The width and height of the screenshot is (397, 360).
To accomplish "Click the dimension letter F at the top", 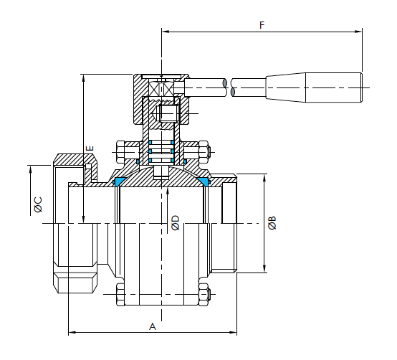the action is click(262, 25).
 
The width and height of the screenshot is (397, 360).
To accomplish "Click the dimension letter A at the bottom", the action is click(153, 326).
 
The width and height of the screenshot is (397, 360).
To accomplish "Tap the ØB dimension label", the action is click(272, 223).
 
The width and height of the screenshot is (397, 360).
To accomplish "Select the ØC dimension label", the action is click(38, 204).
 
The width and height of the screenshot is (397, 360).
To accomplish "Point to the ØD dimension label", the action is click(175, 223).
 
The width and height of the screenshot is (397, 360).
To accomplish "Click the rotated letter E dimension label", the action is click(90, 148).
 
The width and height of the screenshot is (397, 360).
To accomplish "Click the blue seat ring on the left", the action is click(118, 182).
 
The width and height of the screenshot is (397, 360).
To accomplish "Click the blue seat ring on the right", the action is click(204, 182).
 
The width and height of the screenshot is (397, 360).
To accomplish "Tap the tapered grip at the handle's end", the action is click(314, 87).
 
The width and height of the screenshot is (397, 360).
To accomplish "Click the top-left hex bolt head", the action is click(120, 152).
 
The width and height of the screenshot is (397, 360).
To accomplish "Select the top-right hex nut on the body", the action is click(203, 152).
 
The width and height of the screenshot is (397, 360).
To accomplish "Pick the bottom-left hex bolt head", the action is click(120, 295).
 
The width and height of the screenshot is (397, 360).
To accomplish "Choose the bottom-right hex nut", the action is click(203, 295).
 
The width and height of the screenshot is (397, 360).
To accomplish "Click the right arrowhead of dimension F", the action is click(358, 32).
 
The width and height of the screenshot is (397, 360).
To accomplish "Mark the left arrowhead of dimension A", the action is click(72, 332).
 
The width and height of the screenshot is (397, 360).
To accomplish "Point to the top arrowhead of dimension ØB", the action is click(264, 178).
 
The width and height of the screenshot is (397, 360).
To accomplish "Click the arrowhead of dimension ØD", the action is click(168, 191).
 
